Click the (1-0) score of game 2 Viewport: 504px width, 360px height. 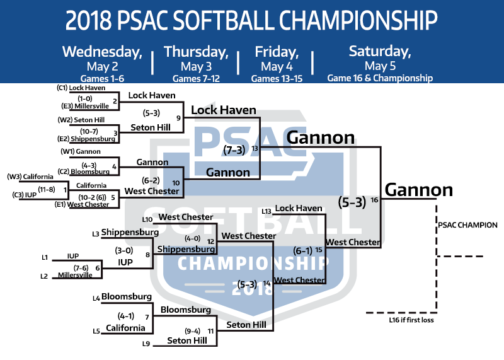[x=85, y=99]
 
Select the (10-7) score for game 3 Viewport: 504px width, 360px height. [x=89, y=131]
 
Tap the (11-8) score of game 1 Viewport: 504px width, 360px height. [x=47, y=190]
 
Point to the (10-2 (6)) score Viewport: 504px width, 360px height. [x=92, y=197]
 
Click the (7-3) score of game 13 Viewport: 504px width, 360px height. [x=234, y=149]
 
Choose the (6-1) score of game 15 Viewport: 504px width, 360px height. [x=303, y=250]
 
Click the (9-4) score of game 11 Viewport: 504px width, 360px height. [x=193, y=331]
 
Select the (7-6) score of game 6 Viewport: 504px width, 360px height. [x=81, y=268]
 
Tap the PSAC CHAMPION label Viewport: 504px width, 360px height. [x=467, y=225]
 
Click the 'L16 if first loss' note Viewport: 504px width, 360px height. [x=411, y=320]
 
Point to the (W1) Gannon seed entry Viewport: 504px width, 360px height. [x=81, y=151]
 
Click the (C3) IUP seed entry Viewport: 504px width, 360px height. [x=25, y=195]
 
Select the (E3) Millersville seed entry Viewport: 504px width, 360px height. [x=85, y=106]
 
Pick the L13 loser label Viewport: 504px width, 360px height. [x=266, y=211]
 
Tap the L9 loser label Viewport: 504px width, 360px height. [x=146, y=344]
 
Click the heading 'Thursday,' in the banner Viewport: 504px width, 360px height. [x=196, y=52]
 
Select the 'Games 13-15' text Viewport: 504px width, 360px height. [x=277, y=79]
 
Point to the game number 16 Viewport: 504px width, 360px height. [x=374, y=200]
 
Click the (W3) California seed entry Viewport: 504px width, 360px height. [x=30, y=177]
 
